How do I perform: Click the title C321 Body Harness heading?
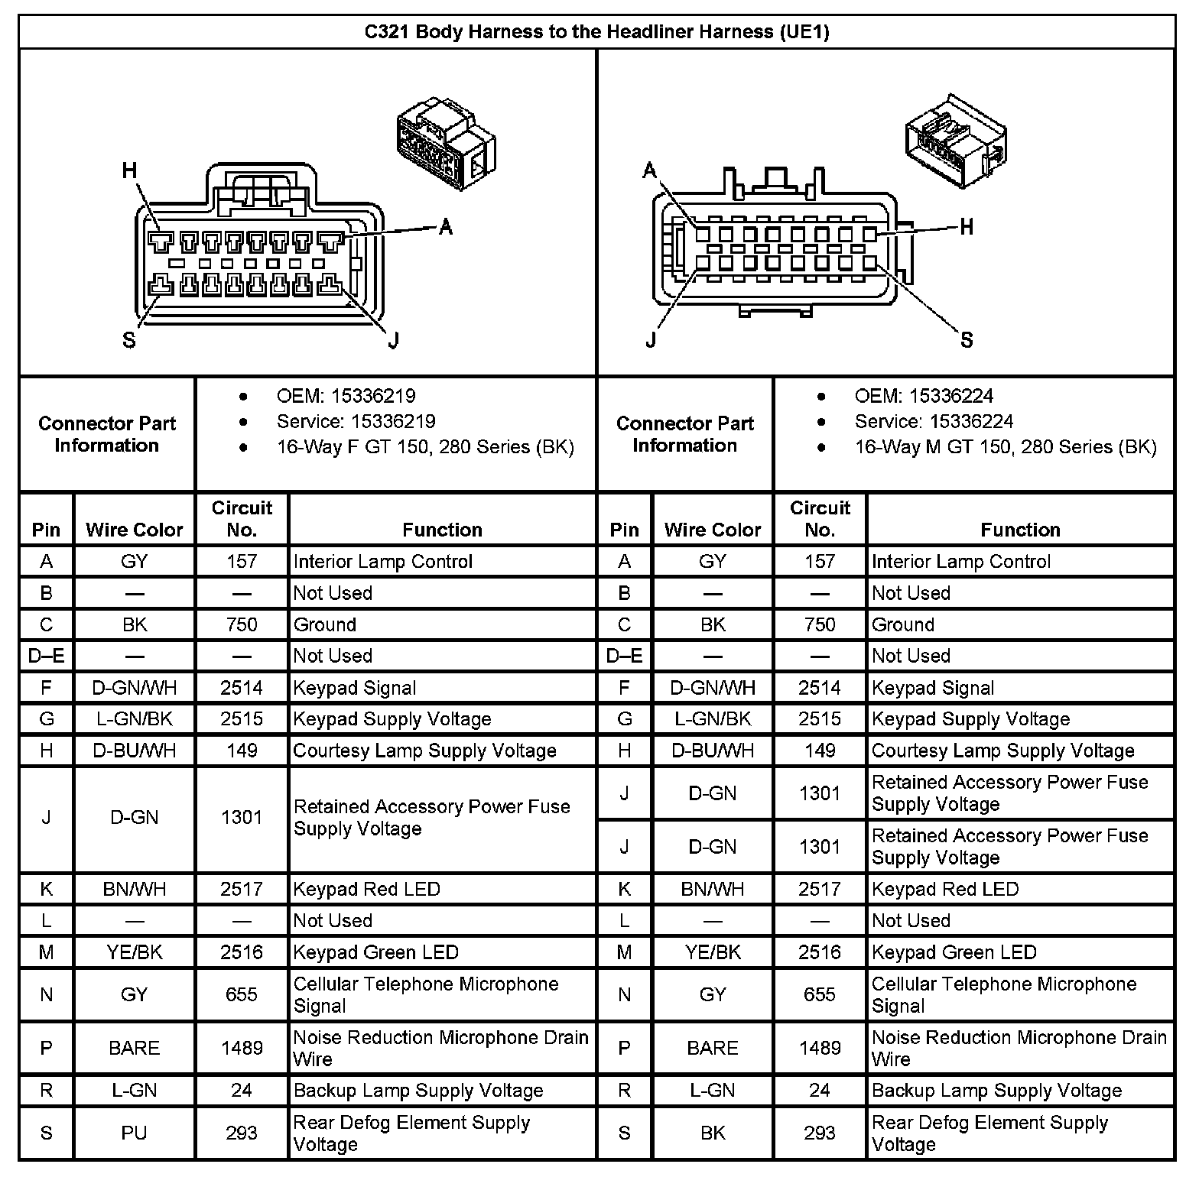596,32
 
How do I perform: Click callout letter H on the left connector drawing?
130,170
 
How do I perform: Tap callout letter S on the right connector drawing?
967,340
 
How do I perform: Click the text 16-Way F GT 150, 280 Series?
424,447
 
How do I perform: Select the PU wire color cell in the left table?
134,1133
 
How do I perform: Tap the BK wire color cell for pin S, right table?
713,1133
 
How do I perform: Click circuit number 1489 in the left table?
242,1048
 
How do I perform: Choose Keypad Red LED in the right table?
945,889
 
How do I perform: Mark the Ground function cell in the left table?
325,624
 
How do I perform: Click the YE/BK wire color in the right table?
713,952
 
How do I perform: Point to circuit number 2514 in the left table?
242,688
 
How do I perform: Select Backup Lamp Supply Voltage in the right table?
996,1091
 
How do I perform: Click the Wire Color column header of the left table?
135,530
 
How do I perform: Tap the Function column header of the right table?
1020,530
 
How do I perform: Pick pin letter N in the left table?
47,994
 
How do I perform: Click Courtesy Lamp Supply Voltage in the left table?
424,751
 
